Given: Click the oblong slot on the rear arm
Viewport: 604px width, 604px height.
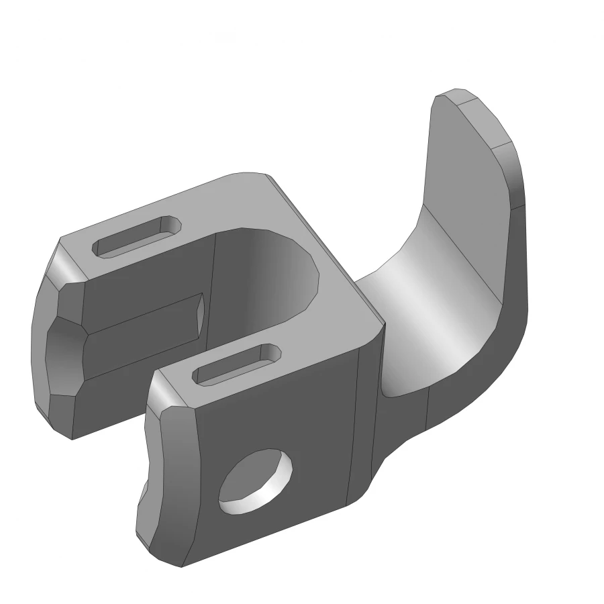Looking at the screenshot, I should point(138,236).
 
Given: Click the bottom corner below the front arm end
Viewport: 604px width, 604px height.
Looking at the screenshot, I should point(168,557).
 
